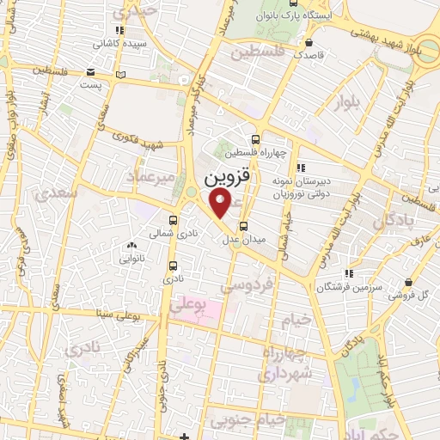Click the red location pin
click(221, 204)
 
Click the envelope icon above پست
click(92, 74)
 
